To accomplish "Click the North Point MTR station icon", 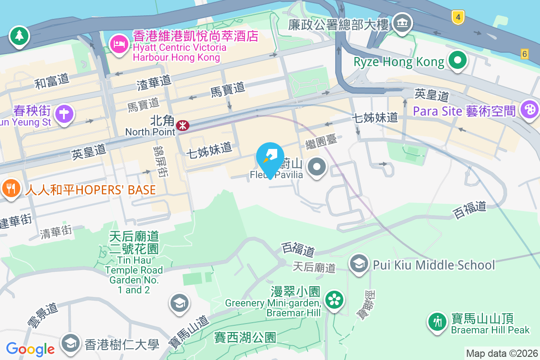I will click(x=182, y=125).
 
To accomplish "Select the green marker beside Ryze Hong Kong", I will click(x=458, y=60).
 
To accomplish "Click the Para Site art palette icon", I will click(x=529, y=109).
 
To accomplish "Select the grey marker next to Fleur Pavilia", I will click(x=318, y=167).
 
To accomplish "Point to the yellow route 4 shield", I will click(x=458, y=18).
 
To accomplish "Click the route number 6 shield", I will click(x=524, y=54).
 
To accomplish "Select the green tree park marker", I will click(x=19, y=36).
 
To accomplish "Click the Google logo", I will click(x=30, y=349).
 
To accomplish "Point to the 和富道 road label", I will click(x=52, y=81).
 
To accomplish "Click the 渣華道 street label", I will click(x=154, y=81).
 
